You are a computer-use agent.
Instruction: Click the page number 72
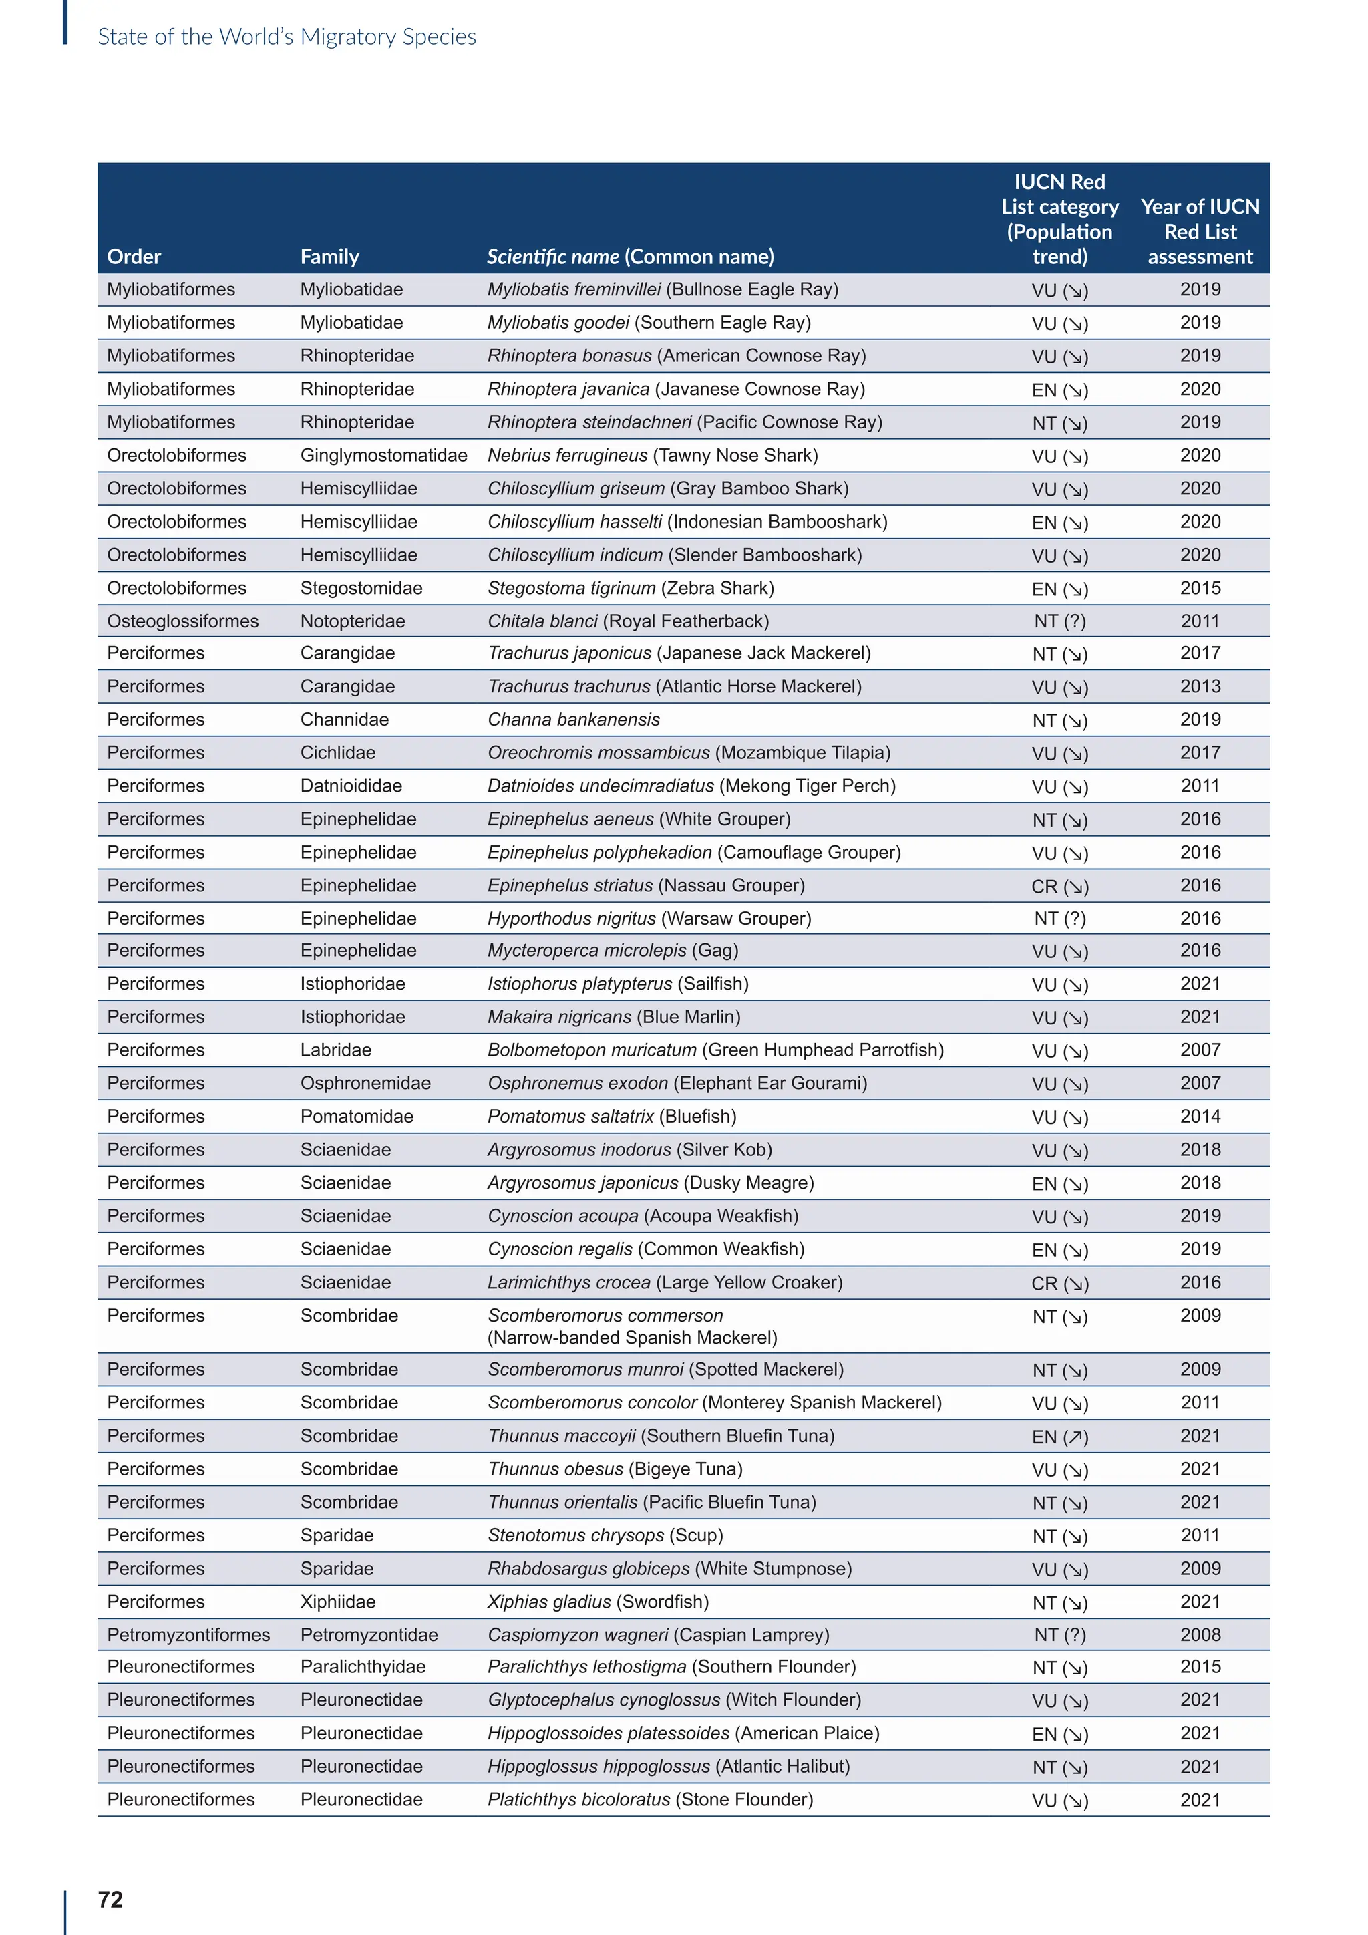(x=110, y=1899)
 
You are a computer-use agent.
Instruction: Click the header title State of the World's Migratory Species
(x=287, y=37)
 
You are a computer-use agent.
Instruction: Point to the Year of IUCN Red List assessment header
(x=1200, y=232)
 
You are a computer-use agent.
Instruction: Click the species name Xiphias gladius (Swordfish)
(x=598, y=1602)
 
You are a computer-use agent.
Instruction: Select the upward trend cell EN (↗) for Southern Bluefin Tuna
(x=1059, y=1436)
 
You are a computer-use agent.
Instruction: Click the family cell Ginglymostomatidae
(x=383, y=455)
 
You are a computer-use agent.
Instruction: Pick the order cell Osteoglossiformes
(x=183, y=621)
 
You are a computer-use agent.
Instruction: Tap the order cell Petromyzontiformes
(x=188, y=1634)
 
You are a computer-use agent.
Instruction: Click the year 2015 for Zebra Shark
(x=1200, y=588)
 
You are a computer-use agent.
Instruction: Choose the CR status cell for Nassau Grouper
(x=1059, y=886)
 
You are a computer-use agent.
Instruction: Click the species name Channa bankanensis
(x=574, y=720)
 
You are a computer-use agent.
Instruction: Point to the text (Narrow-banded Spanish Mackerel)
(x=633, y=1338)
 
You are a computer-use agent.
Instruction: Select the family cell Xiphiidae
(x=338, y=1602)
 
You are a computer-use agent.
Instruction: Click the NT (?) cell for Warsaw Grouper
(x=1059, y=919)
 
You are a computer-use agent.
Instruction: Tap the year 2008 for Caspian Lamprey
(x=1200, y=1634)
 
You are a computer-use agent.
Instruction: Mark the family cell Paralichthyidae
(x=363, y=1666)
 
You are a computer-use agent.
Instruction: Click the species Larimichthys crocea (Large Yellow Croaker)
(x=665, y=1282)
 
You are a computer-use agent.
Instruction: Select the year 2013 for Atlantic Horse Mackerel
(x=1200, y=686)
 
